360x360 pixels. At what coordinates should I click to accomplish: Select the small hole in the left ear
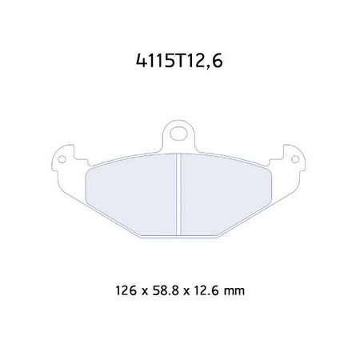(60, 161)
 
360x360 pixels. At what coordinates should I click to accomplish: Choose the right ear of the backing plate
(294, 161)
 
